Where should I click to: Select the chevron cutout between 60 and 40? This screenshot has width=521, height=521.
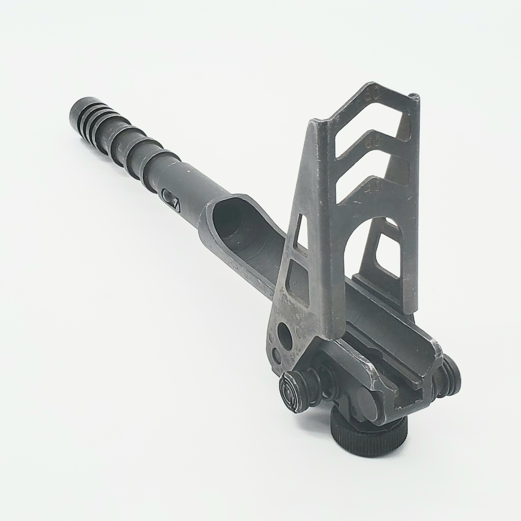374,167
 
